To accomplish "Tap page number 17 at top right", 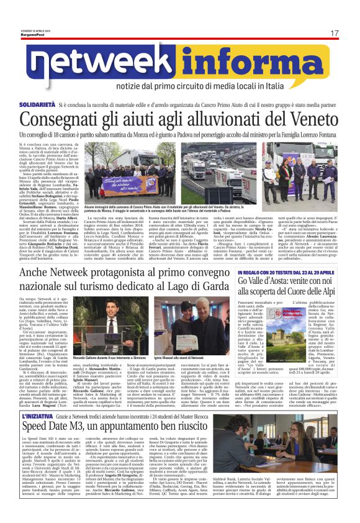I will coord(335,33).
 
